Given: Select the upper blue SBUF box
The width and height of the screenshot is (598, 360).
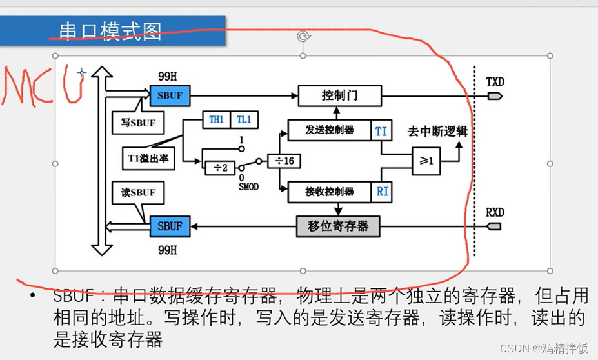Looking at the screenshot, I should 170,95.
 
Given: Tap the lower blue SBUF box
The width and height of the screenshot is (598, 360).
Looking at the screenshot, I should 170,226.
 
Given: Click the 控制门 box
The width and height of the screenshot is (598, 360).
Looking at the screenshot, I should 339,95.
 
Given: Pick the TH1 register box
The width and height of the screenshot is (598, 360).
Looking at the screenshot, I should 215,119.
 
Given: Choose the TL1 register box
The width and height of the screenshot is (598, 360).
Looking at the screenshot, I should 243,119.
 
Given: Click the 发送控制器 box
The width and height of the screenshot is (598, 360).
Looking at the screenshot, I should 329,130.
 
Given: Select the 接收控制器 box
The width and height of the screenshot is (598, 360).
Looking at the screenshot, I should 329,191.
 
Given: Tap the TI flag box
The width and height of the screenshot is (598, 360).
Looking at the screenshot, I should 381,131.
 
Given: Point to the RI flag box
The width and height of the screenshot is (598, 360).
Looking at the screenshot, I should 381,192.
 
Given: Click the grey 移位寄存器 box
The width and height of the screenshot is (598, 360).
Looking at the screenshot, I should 338,226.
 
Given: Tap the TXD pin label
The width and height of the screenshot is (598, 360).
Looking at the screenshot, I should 495,81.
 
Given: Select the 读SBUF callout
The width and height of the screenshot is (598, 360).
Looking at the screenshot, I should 137,192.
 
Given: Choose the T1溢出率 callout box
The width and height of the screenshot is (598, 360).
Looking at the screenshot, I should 148,157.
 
